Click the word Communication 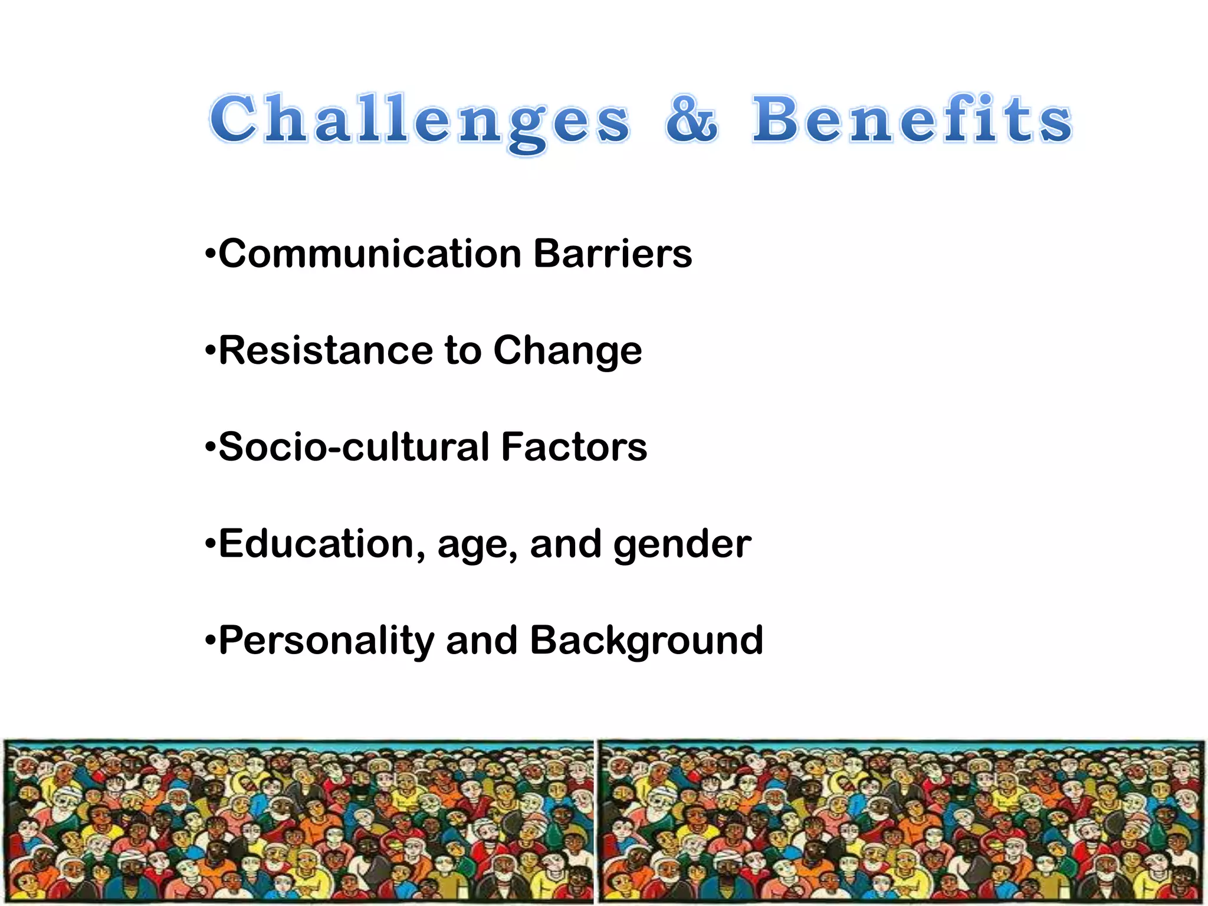pos(370,254)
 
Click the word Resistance pos(326,351)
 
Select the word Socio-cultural pos(354,447)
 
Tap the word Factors pos(574,447)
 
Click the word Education pos(321,544)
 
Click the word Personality pos(326,641)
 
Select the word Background pos(646,641)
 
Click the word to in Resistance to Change pos(463,352)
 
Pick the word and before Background pos(482,641)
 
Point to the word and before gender pos(566,544)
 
